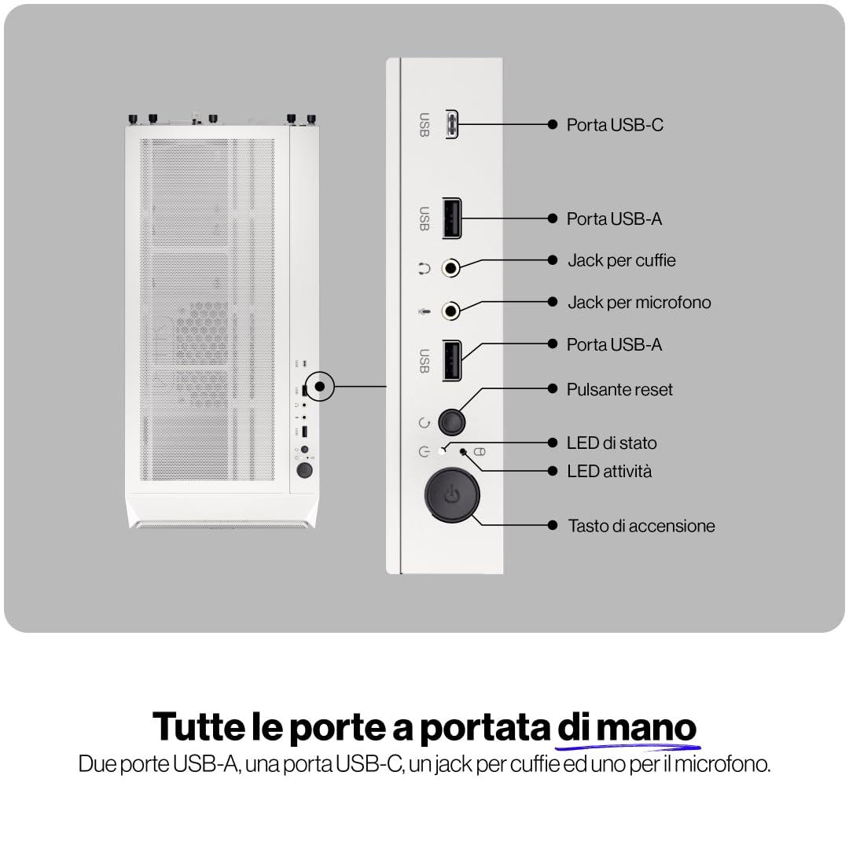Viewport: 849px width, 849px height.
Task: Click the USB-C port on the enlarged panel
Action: tap(451, 124)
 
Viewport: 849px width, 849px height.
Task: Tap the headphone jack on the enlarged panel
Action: tap(450, 267)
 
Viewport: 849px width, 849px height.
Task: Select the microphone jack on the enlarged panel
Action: tap(450, 311)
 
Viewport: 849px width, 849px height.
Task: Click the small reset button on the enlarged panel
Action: tap(451, 421)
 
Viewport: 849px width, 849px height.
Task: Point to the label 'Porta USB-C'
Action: tap(615, 125)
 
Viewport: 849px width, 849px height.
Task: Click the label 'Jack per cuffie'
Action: tap(622, 260)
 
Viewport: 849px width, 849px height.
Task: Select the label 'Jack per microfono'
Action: tap(639, 302)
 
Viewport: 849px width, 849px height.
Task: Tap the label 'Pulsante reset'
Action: tap(619, 389)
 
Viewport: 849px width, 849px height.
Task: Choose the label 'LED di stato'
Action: tap(612, 443)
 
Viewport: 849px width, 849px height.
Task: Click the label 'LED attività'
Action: tap(609, 471)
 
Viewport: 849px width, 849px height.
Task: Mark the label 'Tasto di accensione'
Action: tap(641, 526)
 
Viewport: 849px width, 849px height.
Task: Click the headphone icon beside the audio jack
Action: tap(424, 268)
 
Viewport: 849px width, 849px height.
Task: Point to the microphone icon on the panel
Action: tap(424, 311)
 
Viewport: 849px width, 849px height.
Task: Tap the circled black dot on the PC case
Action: tap(319, 386)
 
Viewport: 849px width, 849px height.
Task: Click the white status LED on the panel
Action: tap(443, 451)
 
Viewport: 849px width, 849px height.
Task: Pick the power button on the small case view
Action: tap(304, 469)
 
